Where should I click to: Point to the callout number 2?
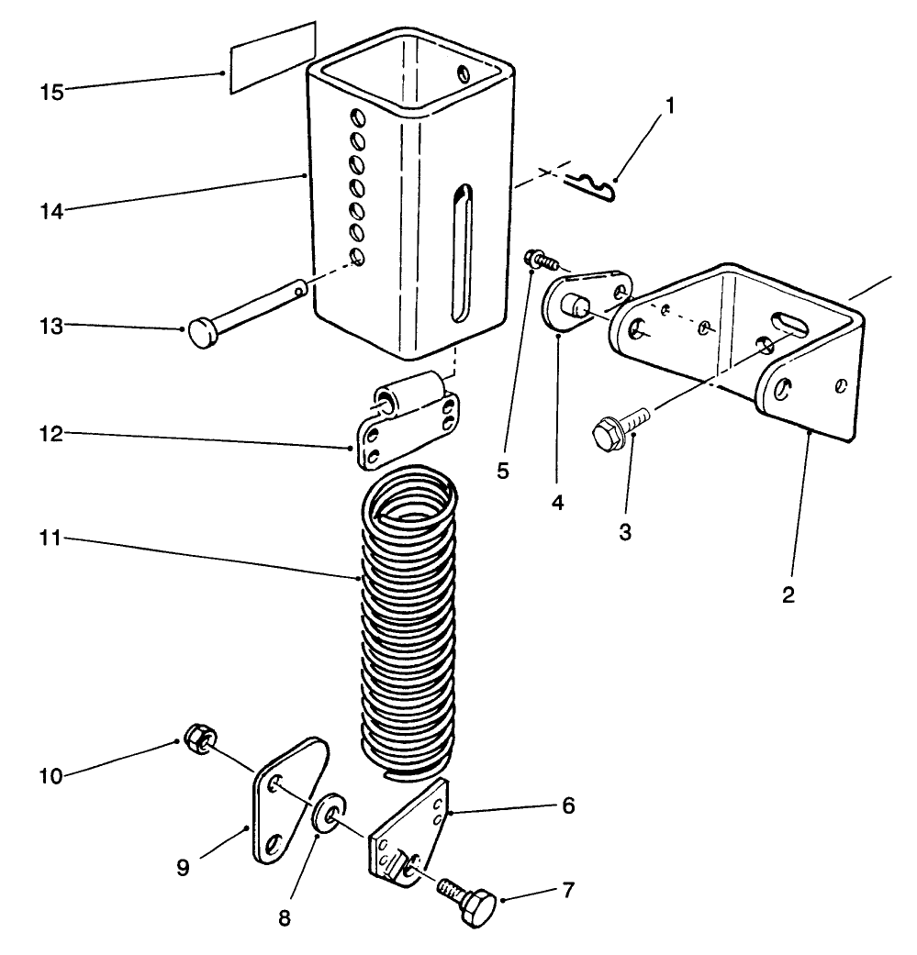click(x=788, y=594)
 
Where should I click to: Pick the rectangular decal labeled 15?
click(x=272, y=58)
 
